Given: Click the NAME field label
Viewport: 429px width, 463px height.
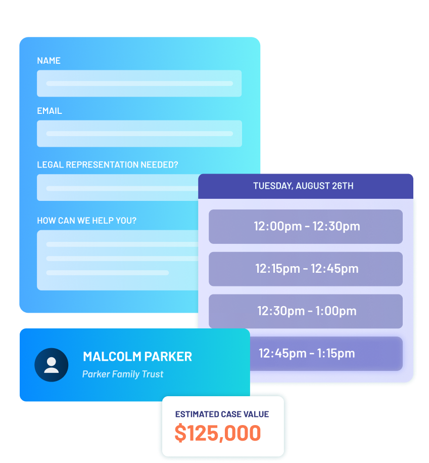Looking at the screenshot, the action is pyautogui.click(x=49, y=61).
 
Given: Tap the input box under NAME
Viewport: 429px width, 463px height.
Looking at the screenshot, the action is pyautogui.click(x=139, y=83).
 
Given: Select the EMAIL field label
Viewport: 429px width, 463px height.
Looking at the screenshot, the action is pyautogui.click(x=50, y=111).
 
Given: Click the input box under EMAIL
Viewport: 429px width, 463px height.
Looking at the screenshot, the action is pyautogui.click(x=139, y=134).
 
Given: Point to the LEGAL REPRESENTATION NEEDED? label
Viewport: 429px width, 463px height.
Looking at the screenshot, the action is pyautogui.click(x=107, y=165).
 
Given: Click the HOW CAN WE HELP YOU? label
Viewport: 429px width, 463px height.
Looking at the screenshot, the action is pyautogui.click(x=86, y=221).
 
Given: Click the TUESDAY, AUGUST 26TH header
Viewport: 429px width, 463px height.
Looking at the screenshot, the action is pyautogui.click(x=303, y=186).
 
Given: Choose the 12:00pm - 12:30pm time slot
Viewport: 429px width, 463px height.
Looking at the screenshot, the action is pyautogui.click(x=306, y=226).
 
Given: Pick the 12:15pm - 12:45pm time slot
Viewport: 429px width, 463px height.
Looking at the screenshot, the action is pyautogui.click(x=306, y=269).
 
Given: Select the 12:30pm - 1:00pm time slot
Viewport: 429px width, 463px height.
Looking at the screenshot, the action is pyautogui.click(x=306, y=311).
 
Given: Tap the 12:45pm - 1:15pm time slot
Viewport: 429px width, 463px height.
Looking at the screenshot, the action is pyautogui.click(x=306, y=353).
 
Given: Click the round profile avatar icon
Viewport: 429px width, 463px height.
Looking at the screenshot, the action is pyautogui.click(x=51, y=365).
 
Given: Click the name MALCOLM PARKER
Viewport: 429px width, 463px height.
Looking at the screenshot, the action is pyautogui.click(x=137, y=356).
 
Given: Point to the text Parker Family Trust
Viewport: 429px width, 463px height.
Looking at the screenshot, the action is pyautogui.click(x=123, y=374).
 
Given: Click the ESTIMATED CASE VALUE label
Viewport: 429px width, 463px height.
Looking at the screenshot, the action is pyautogui.click(x=222, y=414).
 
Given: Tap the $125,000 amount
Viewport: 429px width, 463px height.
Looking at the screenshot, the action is pyautogui.click(x=217, y=433).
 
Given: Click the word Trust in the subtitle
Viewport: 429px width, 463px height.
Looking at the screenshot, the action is pyautogui.click(x=153, y=374).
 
